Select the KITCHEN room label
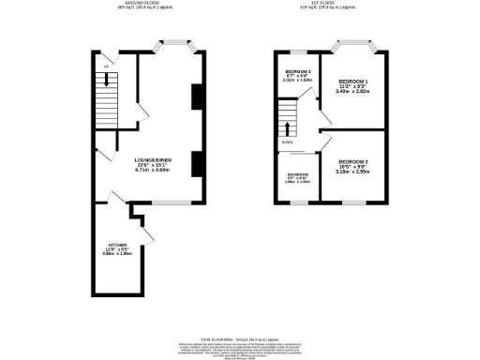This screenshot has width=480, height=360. (115, 247)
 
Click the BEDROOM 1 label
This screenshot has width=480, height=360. (353, 84)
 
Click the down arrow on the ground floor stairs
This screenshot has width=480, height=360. (109, 81)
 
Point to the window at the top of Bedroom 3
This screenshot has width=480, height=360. (297, 49)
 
